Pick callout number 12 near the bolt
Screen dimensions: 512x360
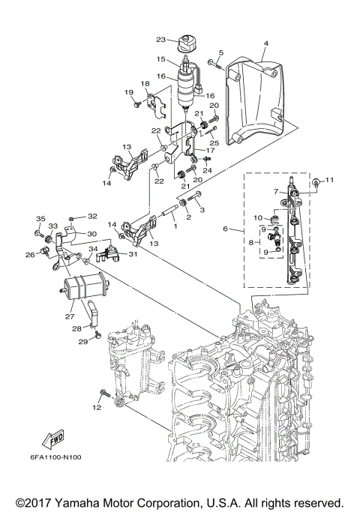96,408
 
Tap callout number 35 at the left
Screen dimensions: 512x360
40,219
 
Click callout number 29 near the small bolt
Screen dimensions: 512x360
85,342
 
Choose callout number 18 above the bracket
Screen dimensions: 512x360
145,83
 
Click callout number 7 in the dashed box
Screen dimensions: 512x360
276,192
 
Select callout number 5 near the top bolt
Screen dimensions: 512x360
220,52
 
